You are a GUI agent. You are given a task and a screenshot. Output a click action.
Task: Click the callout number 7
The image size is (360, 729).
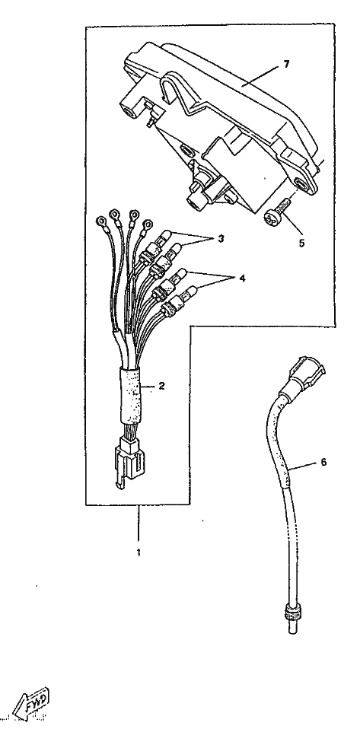286,65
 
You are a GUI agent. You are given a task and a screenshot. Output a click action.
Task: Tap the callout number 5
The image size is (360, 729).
302,243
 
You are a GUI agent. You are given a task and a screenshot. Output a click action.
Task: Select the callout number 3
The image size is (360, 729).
221,239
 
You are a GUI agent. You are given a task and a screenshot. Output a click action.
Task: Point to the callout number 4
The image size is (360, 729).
242,279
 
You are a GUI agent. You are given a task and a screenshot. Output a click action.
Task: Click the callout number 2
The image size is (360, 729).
161,386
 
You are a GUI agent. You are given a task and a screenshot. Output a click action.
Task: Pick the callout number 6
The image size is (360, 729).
323,462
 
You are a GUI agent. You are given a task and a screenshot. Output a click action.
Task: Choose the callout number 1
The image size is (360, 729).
139,552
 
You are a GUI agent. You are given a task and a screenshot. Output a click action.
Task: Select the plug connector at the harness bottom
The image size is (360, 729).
129,462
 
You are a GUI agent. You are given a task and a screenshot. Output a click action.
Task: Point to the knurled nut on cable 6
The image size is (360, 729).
292,610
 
